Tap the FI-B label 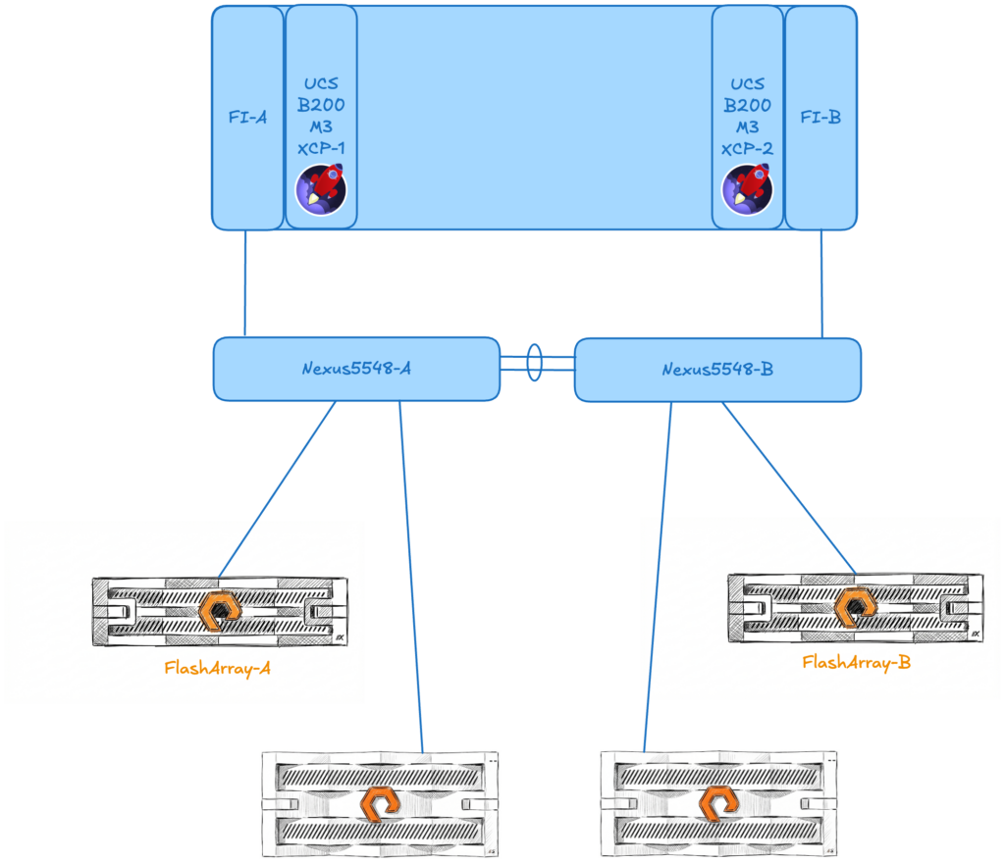[x=820, y=118]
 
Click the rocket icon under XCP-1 [x=321, y=189]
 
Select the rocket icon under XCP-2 [x=747, y=189]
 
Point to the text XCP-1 [x=321, y=148]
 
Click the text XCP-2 [x=748, y=148]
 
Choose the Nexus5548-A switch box [x=355, y=369]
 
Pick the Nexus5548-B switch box [x=716, y=369]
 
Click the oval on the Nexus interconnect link [x=535, y=361]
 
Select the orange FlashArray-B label [x=856, y=662]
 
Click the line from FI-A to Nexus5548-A [x=244, y=284]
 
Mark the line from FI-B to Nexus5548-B [x=821, y=284]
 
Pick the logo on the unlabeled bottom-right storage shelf [x=718, y=804]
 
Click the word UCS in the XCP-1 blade [x=321, y=84]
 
